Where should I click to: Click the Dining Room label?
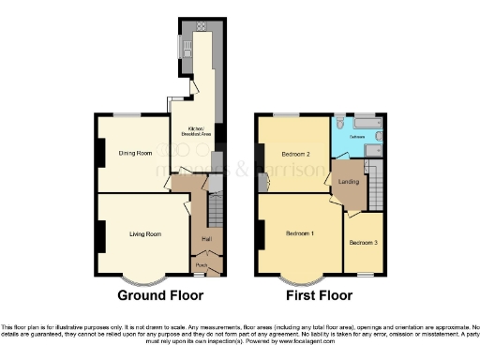pos(134,153)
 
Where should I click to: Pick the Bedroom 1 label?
pos(300,232)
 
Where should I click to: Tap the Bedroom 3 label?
pos(364,243)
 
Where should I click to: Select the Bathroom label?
pos(357,137)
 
